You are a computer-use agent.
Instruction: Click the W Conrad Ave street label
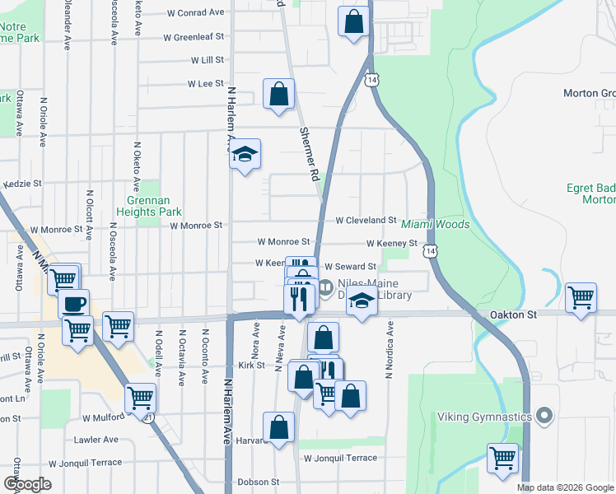[x=195, y=13]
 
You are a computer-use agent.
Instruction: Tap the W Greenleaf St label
[x=194, y=38]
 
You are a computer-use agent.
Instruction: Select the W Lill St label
[x=208, y=61]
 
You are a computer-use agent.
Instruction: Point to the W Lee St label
[x=206, y=84]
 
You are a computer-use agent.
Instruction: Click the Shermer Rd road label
[x=309, y=154]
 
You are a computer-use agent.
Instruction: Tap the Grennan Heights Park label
[x=153, y=206]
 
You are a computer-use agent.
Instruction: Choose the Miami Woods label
[x=435, y=224]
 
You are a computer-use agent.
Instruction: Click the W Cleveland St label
[x=366, y=221]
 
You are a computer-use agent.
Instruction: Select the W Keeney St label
[x=392, y=244]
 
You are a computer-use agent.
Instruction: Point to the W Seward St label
[x=350, y=267]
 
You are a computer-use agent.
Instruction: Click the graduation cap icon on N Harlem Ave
[x=245, y=153]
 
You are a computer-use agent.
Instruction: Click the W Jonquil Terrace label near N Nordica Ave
[x=340, y=458]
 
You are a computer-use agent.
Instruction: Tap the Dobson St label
[x=259, y=482]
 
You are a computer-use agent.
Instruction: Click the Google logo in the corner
[x=27, y=484]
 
